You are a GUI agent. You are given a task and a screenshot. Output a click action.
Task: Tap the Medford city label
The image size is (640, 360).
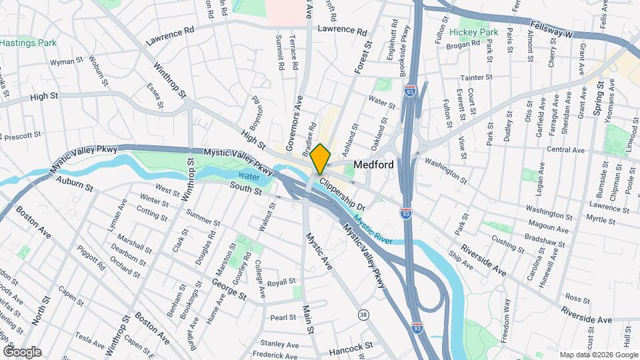click(x=373, y=164)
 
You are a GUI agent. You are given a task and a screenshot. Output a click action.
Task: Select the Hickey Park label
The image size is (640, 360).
click(x=473, y=32)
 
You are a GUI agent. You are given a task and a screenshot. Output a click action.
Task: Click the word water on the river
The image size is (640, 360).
click(x=248, y=177)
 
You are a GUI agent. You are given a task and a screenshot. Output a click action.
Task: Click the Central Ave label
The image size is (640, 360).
click(x=565, y=149)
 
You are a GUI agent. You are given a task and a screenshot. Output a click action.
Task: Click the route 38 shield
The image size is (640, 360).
click(x=363, y=314)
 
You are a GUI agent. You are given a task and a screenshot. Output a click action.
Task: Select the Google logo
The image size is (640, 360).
click(x=23, y=351)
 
